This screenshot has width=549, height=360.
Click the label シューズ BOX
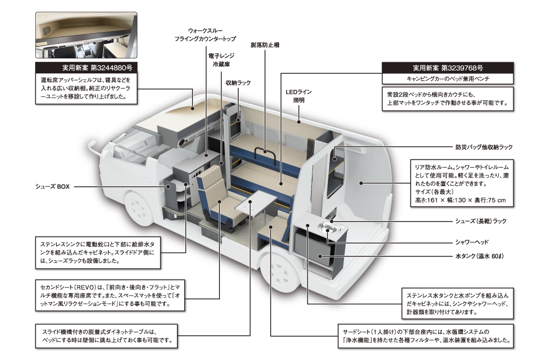point(50,186)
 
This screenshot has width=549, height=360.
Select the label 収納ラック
point(238,83)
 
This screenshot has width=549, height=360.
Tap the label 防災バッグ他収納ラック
point(483,147)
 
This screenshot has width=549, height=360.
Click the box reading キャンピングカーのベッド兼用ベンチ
point(448,79)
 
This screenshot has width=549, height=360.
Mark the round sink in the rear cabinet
point(329,225)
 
